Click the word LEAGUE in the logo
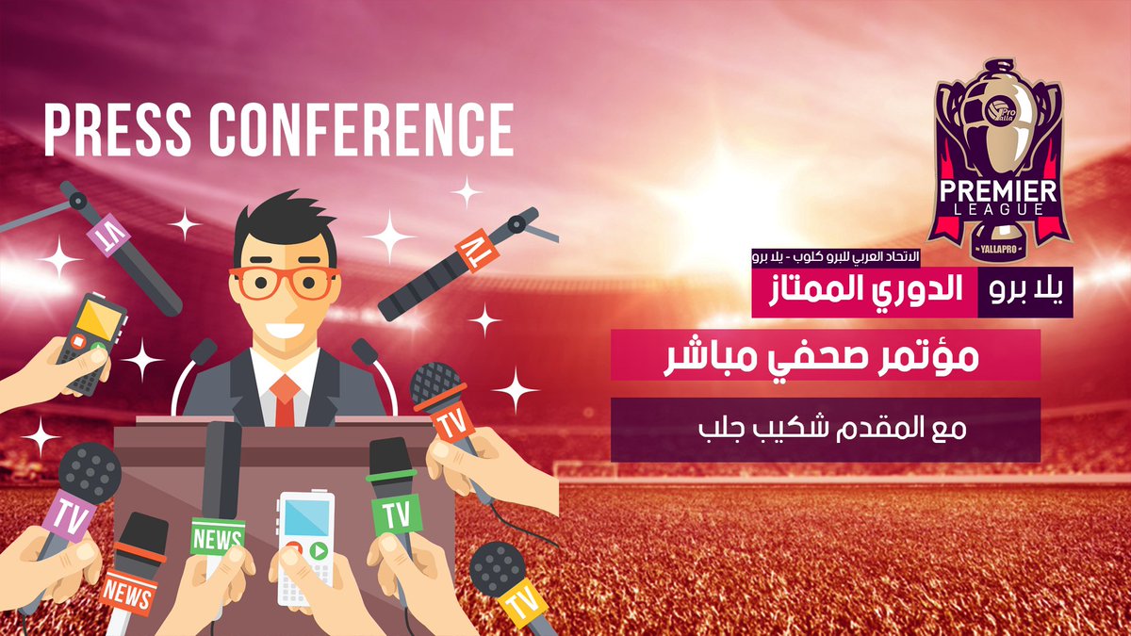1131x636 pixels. point(997,212)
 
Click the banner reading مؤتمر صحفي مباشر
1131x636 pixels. point(825,355)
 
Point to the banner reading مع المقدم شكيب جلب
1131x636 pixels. point(825,429)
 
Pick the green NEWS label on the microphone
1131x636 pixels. point(218,537)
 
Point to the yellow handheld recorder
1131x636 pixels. point(89,339)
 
